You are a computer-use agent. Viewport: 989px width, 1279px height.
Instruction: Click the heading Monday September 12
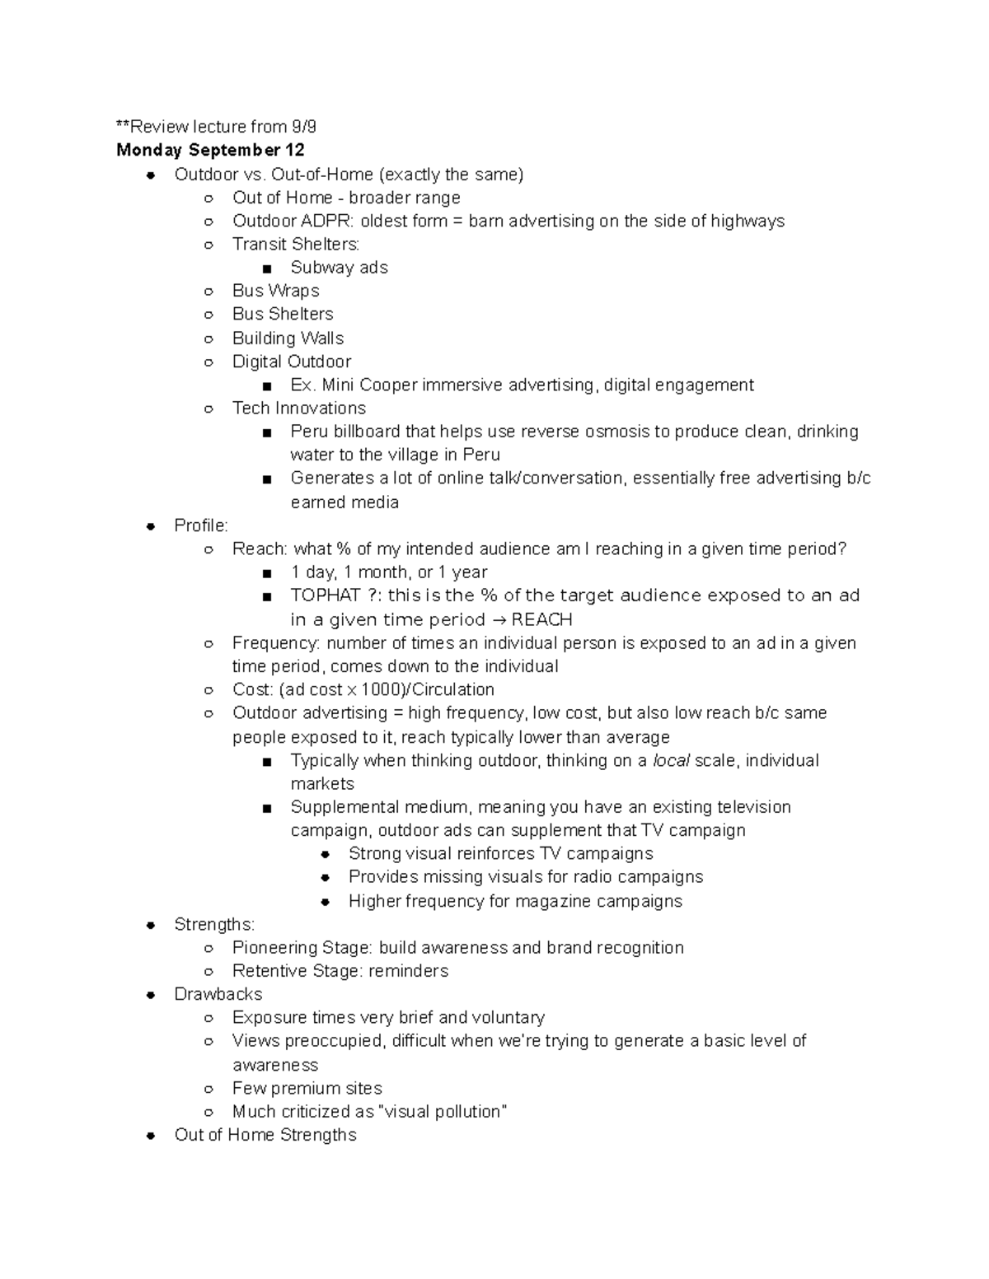[210, 150]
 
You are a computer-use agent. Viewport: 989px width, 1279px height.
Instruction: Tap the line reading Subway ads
[339, 268]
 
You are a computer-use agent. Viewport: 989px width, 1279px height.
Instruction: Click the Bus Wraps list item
[275, 291]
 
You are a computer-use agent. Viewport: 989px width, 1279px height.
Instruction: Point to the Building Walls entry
[288, 338]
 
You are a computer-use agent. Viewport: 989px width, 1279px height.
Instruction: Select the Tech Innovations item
[298, 408]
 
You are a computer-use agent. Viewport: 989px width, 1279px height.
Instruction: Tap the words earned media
[345, 502]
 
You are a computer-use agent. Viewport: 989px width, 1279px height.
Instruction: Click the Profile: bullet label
[201, 525]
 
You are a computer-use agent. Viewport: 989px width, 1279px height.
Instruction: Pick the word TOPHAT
[326, 595]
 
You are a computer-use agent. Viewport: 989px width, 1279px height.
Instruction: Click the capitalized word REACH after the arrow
[541, 619]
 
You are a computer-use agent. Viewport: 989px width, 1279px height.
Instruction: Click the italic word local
[671, 760]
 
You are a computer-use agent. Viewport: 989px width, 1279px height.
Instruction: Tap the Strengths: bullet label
[214, 924]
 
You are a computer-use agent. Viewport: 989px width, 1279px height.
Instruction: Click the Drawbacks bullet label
[218, 994]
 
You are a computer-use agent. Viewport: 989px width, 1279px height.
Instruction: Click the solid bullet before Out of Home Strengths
[151, 1135]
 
